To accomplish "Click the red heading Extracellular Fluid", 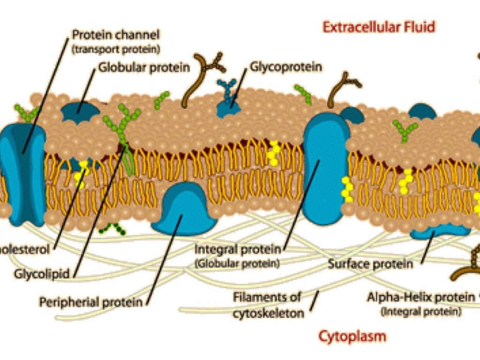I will coord(379,27).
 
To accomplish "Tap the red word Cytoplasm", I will coord(352,336).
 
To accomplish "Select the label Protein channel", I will coord(116,35).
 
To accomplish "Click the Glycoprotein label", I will coord(285,67).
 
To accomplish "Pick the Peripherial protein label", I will coord(90,301).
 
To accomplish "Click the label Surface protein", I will coord(370,264).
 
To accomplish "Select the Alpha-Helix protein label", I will coord(420,297).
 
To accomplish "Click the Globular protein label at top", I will coord(144,67).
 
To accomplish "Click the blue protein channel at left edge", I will coord(23,173).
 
